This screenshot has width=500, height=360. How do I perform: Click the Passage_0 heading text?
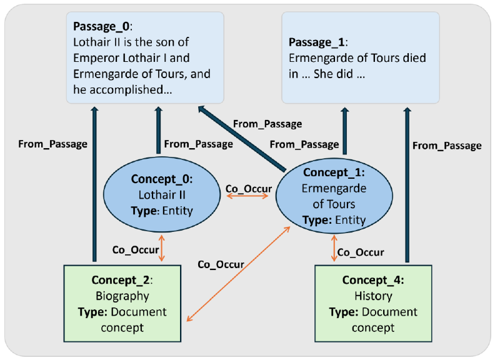coord(100,27)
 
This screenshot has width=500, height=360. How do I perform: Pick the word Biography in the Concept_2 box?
coord(122,296)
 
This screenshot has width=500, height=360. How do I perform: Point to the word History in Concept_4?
coord(373,296)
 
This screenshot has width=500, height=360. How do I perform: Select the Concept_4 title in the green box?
coord(372,279)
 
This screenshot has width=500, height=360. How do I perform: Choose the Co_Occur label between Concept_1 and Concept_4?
coord(361,252)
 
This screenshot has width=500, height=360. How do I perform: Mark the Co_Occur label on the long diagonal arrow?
coord(221,264)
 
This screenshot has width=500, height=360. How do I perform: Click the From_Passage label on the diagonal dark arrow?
coord(267,124)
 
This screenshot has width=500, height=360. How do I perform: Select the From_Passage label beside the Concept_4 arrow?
coord(447,146)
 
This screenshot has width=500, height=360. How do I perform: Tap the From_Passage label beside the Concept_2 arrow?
coord(52,144)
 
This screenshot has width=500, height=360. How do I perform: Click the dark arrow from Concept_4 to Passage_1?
coord(407,187)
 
